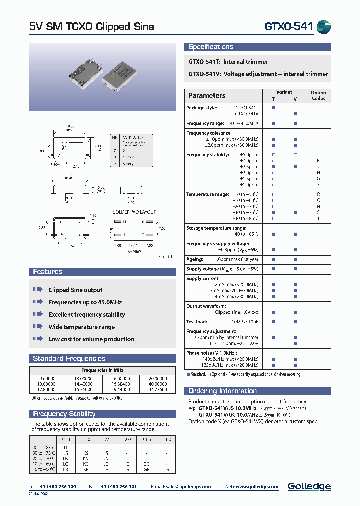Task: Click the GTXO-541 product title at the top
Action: click(x=288, y=26)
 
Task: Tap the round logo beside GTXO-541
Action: click(x=324, y=27)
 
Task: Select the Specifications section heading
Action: click(x=210, y=47)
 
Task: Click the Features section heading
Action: click(x=48, y=272)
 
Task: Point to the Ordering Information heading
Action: click(x=222, y=391)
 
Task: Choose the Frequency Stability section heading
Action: click(x=64, y=414)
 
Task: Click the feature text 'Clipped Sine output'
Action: click(x=75, y=290)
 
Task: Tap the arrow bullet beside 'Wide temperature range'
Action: click(x=38, y=327)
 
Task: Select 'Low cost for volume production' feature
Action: click(x=91, y=339)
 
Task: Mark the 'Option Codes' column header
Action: click(x=318, y=95)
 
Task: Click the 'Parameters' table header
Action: click(x=207, y=95)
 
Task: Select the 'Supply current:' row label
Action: click(x=203, y=278)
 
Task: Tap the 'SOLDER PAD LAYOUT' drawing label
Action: click(x=134, y=212)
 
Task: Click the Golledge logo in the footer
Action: click(x=309, y=486)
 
